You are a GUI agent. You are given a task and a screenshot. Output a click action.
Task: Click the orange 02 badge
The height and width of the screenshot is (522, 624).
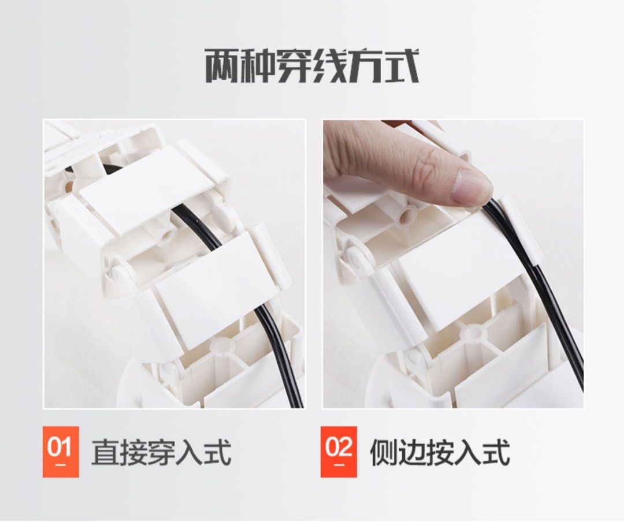point(339,452)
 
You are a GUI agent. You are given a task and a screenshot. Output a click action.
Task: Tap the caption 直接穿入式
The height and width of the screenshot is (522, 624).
point(161,452)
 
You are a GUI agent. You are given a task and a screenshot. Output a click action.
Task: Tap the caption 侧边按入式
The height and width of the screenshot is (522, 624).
point(440,452)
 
